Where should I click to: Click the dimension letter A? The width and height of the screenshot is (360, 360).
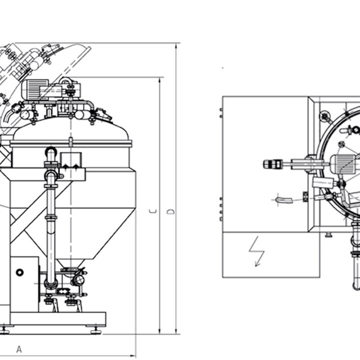tap(19, 349)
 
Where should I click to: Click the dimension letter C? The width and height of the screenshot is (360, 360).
tap(153, 211)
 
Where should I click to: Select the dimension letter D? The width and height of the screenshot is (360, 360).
tap(171, 211)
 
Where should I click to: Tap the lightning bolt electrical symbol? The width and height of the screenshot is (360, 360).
tap(256, 252)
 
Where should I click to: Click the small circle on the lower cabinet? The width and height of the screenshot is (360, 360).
tap(20, 273)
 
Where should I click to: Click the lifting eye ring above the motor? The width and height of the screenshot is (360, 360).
tap(65, 81)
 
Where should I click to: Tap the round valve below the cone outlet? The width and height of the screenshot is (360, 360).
tap(78, 279)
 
